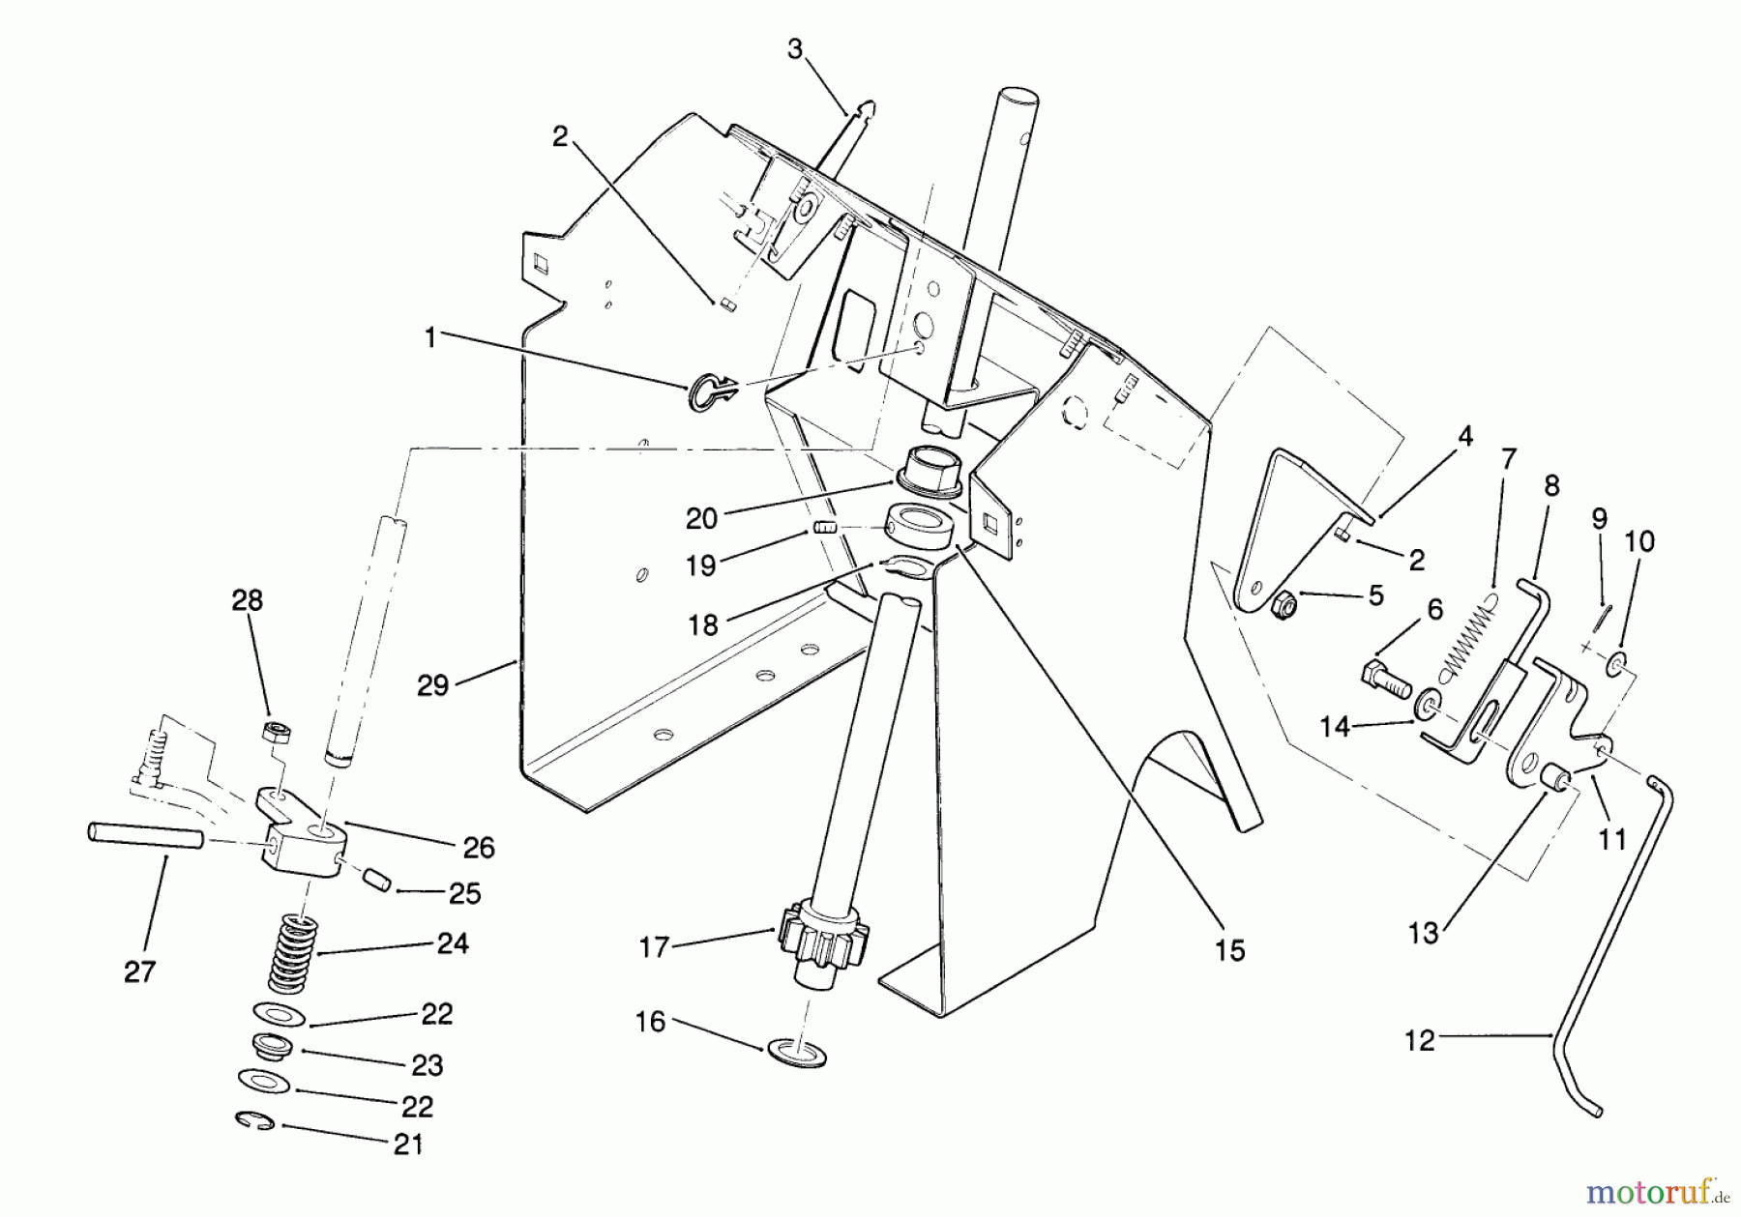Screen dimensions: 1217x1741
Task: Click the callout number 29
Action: (432, 685)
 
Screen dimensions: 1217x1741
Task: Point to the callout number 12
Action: (1419, 1042)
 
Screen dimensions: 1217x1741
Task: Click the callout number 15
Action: (1229, 950)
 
